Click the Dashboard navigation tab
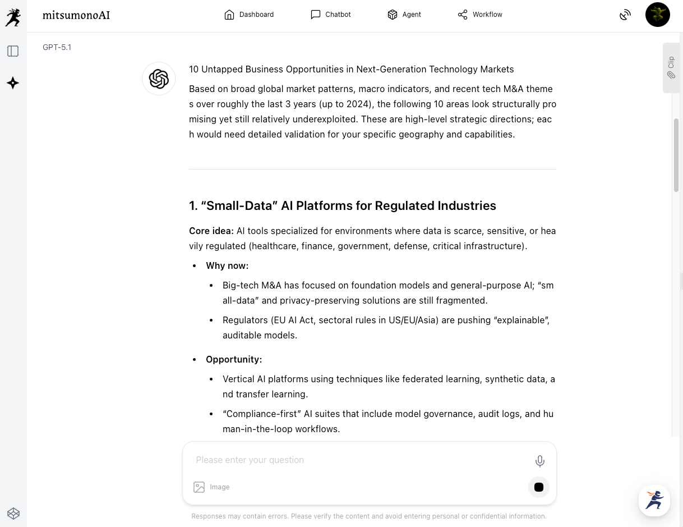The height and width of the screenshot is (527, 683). [249, 15]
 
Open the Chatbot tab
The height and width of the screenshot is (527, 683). [331, 15]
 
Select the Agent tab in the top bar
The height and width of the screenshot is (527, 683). [404, 15]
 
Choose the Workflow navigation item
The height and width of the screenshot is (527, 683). [480, 15]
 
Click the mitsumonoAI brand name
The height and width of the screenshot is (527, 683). [76, 15]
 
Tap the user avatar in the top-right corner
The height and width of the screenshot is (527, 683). [657, 15]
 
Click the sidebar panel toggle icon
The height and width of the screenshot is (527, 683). [13, 51]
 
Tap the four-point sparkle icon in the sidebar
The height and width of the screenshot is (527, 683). [13, 83]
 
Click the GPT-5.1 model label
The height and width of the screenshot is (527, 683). [57, 47]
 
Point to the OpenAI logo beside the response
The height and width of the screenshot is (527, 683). [159, 79]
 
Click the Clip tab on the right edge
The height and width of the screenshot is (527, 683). [671, 67]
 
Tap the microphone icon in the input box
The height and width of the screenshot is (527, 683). [539, 461]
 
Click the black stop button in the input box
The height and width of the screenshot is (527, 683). [539, 487]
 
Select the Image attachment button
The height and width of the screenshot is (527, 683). [211, 487]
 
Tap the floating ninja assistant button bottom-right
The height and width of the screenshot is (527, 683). [654, 500]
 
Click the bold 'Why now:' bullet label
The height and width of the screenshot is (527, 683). [227, 265]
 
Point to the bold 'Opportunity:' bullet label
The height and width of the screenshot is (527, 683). [234, 359]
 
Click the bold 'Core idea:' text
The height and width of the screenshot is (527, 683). [211, 231]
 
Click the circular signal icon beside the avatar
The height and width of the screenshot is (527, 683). [625, 15]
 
